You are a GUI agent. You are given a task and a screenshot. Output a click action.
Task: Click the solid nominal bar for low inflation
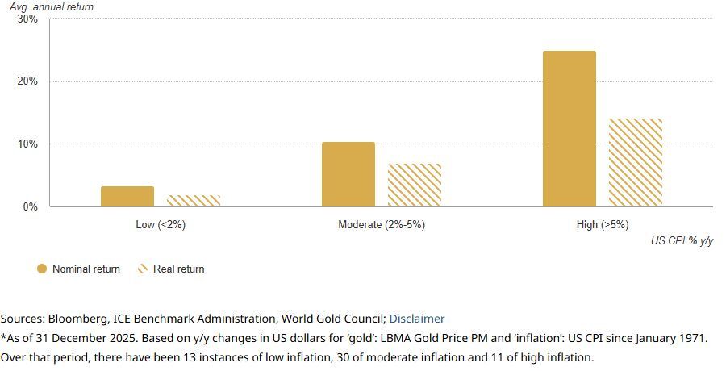(127, 197)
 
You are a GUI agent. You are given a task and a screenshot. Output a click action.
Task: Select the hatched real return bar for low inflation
(194, 201)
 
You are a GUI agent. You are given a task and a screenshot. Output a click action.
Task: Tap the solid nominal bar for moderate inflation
(348, 175)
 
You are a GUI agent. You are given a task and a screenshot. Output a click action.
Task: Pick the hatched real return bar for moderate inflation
(415, 185)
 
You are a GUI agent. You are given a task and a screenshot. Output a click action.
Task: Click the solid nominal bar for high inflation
(570, 129)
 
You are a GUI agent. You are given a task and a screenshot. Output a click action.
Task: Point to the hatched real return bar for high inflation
(636, 163)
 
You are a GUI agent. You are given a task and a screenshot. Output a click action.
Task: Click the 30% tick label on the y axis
(27, 19)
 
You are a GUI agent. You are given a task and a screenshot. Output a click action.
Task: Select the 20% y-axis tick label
(27, 81)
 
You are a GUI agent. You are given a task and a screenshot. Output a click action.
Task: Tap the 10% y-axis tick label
(27, 144)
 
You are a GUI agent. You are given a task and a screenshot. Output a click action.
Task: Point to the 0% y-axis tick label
(30, 207)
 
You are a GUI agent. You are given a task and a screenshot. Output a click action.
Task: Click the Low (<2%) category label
(161, 225)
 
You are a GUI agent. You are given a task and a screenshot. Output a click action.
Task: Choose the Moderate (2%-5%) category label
(382, 225)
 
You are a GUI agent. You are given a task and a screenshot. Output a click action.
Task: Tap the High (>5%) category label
(603, 225)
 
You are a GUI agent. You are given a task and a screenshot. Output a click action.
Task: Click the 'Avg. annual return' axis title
(52, 7)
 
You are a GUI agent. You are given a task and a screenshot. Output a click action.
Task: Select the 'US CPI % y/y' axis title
(682, 241)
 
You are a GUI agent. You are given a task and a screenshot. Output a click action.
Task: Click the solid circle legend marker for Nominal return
(42, 269)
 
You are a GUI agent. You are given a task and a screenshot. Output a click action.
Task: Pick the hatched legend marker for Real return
(144, 269)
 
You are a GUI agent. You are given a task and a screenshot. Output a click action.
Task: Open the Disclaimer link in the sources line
(417, 319)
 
